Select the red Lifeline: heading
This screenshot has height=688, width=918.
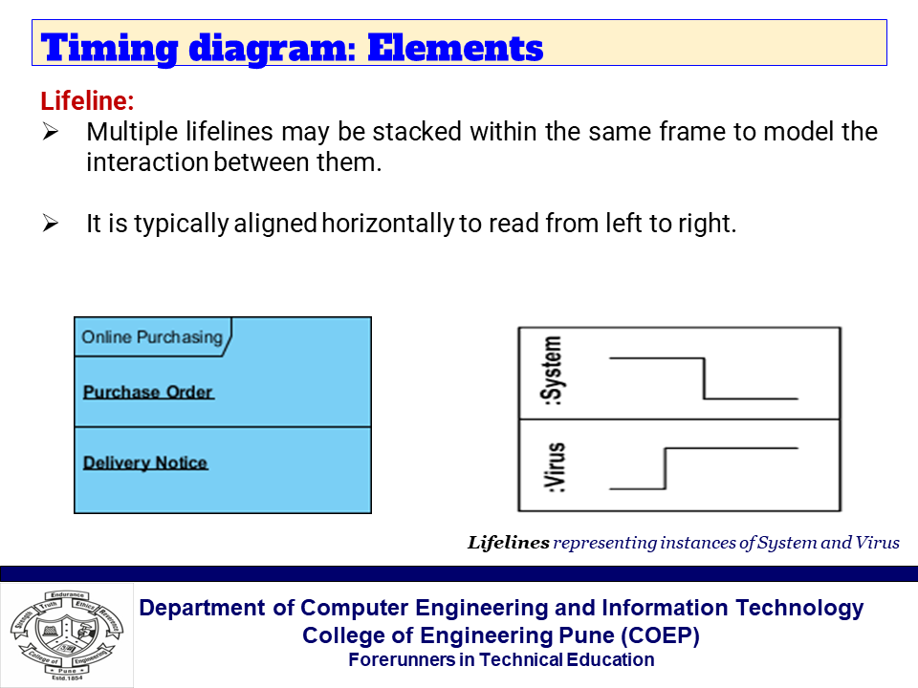(87, 100)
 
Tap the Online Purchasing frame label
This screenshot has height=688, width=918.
(151, 337)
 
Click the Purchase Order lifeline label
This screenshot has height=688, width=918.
(148, 392)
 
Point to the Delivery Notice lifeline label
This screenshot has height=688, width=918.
(145, 462)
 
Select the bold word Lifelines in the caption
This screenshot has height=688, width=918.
(508, 543)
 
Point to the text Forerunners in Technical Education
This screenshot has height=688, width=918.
(501, 659)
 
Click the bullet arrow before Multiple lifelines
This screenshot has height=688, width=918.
(52, 132)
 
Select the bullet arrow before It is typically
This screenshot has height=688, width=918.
(52, 225)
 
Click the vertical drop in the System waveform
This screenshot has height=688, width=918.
(705, 378)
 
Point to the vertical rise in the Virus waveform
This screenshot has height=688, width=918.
(664, 467)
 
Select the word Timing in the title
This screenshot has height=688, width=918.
(106, 47)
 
